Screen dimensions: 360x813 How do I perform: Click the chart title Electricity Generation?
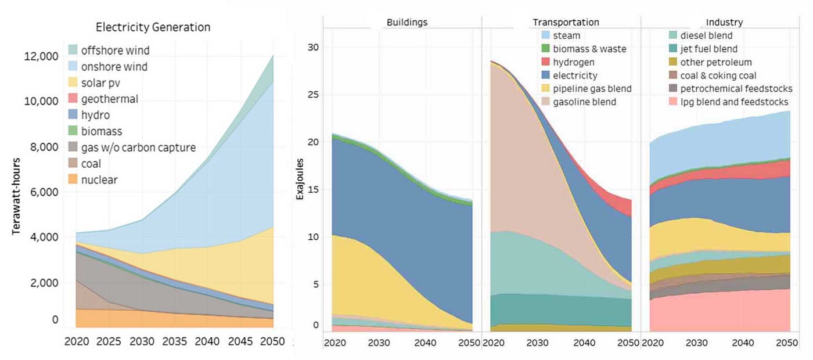(153, 27)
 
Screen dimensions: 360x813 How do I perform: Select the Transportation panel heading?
(566, 23)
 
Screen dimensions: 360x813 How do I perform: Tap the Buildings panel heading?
(406, 23)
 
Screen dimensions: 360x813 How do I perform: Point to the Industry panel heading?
(724, 23)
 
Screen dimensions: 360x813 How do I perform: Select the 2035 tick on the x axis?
(174, 341)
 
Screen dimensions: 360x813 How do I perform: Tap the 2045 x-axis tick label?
(240, 341)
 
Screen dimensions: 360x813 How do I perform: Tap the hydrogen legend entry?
(574, 62)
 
